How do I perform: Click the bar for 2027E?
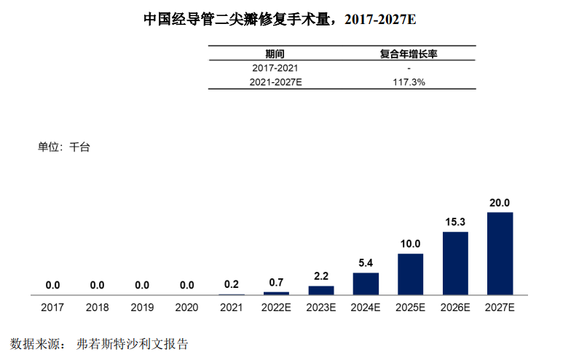[500, 254]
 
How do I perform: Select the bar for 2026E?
[455, 263]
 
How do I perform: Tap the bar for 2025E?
[410, 274]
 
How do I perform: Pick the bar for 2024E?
[366, 283]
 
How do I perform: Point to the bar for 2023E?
[321, 290]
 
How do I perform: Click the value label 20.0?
[500, 203]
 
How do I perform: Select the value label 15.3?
[455, 222]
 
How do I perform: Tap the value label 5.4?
[366, 263]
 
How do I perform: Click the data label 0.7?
[277, 283]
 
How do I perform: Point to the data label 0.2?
[232, 284]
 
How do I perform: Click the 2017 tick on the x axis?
[52, 308]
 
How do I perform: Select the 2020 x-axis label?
[186, 308]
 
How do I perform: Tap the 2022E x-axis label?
[277, 308]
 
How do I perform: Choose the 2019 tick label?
[142, 308]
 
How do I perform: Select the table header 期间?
[275, 54]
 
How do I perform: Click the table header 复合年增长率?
[409, 54]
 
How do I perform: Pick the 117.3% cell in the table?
[409, 82]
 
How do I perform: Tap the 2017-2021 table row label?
[275, 68]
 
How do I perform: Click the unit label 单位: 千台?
[63, 146]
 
